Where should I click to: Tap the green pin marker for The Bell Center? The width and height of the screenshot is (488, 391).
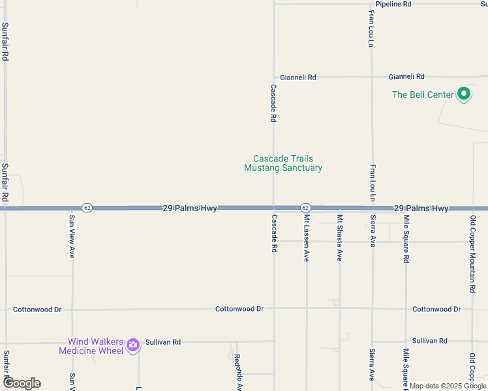click(464, 94)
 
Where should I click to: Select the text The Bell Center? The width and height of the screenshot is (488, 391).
click(422, 95)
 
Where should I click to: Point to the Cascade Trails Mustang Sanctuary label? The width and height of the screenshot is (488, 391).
click(283, 163)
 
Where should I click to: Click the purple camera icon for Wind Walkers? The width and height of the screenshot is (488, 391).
click(133, 345)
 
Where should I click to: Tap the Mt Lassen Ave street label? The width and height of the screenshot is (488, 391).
click(306, 239)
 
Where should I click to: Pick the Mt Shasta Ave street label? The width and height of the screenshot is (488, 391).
click(339, 239)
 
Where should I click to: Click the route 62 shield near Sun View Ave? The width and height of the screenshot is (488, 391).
click(88, 208)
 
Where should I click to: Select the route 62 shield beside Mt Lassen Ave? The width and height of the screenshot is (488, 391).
click(305, 208)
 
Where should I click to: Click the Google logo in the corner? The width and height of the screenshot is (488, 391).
click(22, 383)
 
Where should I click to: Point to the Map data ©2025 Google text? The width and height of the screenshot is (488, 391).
click(448, 386)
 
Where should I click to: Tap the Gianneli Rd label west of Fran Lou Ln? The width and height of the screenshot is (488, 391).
click(298, 77)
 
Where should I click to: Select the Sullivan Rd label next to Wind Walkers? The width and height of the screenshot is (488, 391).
click(163, 341)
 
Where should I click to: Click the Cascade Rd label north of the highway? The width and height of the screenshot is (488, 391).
click(273, 104)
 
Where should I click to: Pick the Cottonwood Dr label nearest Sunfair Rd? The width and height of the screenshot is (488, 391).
click(37, 310)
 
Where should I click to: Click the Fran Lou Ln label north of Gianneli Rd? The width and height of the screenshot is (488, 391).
click(371, 29)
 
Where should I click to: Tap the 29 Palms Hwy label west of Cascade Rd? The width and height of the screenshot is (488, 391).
click(189, 208)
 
